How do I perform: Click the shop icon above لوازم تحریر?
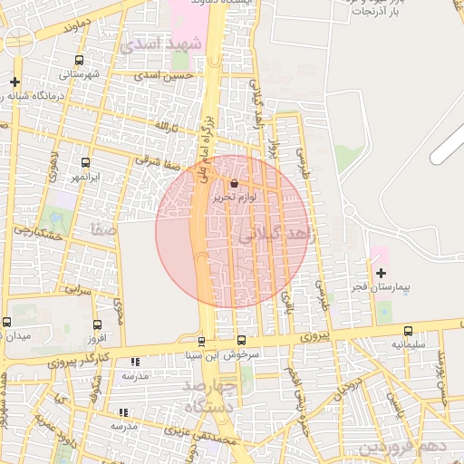[x=235, y=184]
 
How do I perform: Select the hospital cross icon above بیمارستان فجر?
[x=381, y=273]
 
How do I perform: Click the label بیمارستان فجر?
[x=382, y=287]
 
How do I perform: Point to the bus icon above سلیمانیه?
[x=408, y=332]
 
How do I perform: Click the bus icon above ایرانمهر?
[x=86, y=163]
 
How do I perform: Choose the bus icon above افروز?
[x=97, y=324]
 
